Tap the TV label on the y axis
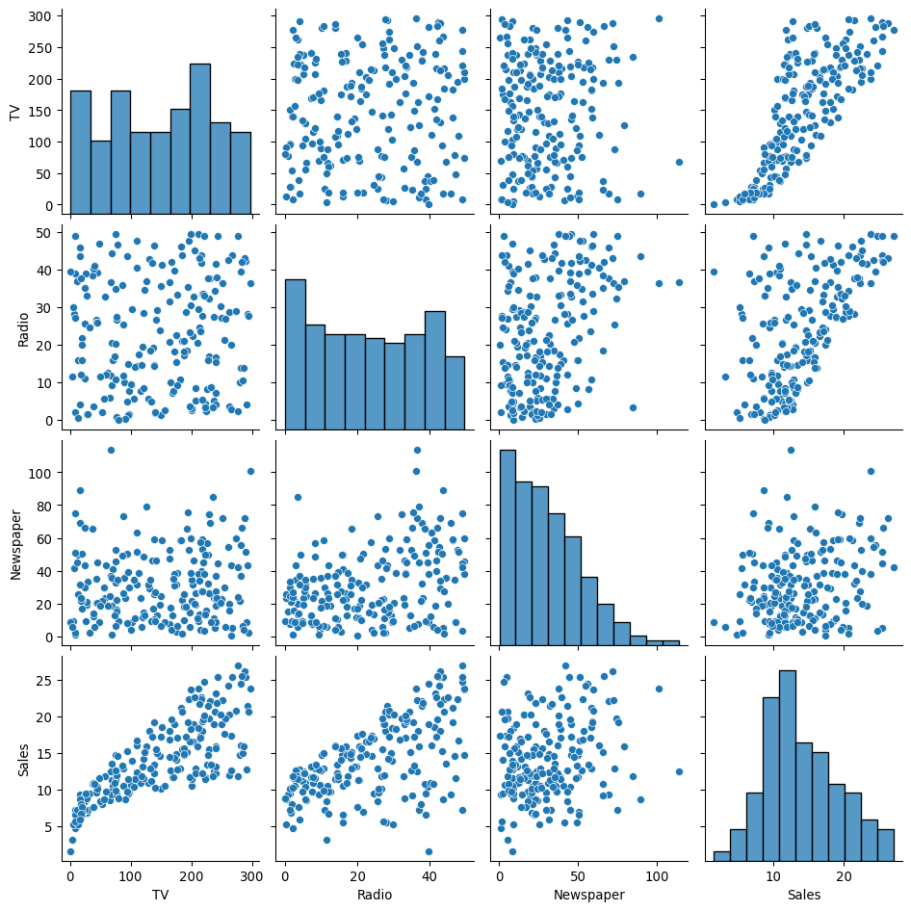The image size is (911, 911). click(x=14, y=113)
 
